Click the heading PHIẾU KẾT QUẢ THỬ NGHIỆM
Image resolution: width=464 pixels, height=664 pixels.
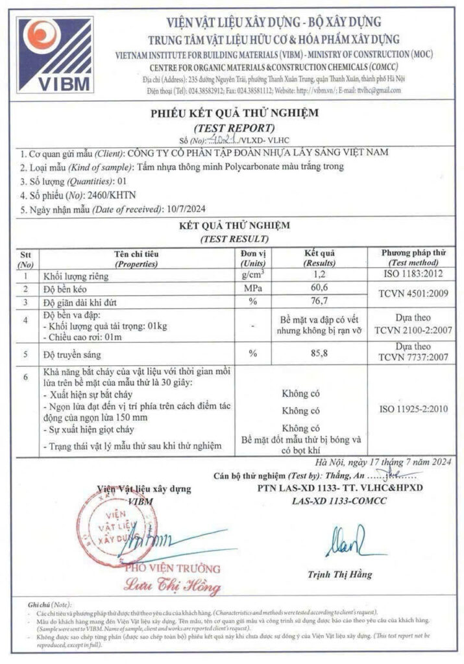(234, 113)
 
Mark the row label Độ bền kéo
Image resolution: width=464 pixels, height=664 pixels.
(64, 288)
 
